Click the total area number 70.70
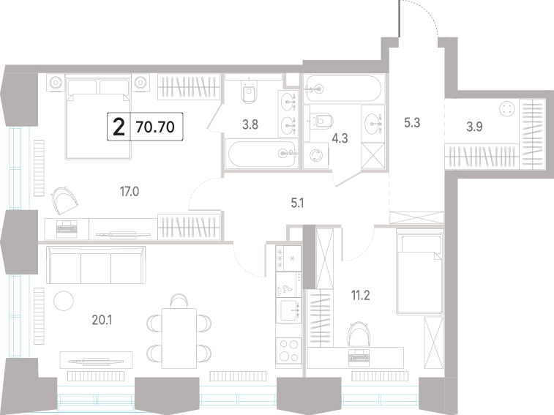[155, 127]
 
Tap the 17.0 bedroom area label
[130, 192]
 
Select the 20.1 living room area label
[102, 320]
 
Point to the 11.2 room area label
[360, 295]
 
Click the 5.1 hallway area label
[297, 203]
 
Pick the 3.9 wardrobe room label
[474, 126]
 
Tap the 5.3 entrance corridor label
[412, 123]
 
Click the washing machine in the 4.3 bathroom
[316, 156]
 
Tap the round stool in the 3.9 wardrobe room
[507, 108]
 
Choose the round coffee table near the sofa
[64, 301]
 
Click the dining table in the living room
[179, 338]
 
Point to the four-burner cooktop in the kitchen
[288, 351]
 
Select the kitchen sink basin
[288, 310]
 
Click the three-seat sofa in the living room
[96, 265]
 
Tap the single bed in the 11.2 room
[420, 272]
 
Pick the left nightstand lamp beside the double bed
[56, 83]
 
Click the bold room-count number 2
[119, 127]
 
